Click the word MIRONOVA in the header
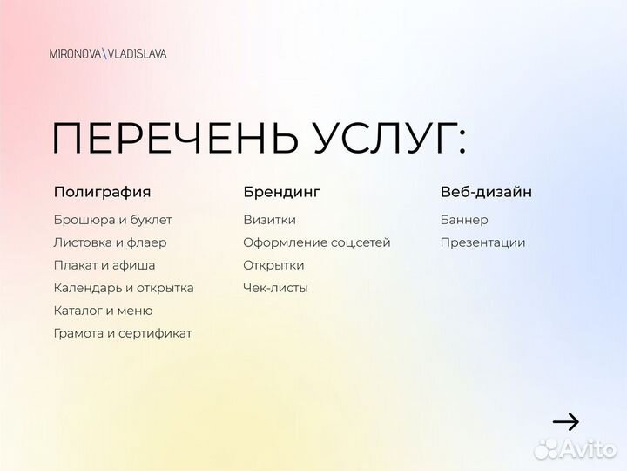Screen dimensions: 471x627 75,54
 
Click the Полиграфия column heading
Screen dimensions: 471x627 102,192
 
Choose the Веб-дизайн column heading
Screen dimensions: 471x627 486,192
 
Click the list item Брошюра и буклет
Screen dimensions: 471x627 112,220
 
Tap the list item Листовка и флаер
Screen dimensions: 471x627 110,242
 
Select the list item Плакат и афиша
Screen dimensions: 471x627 104,265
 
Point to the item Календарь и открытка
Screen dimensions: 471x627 124,288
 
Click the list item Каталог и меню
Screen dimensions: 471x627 103,311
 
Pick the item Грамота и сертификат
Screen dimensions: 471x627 123,333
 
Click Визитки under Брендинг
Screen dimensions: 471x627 269,220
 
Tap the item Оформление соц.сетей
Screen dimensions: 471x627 317,242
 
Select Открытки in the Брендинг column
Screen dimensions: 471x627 273,265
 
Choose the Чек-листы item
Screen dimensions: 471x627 275,288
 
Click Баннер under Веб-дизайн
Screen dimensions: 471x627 464,220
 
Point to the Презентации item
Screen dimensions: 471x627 482,242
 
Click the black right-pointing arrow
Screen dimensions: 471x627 566,422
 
